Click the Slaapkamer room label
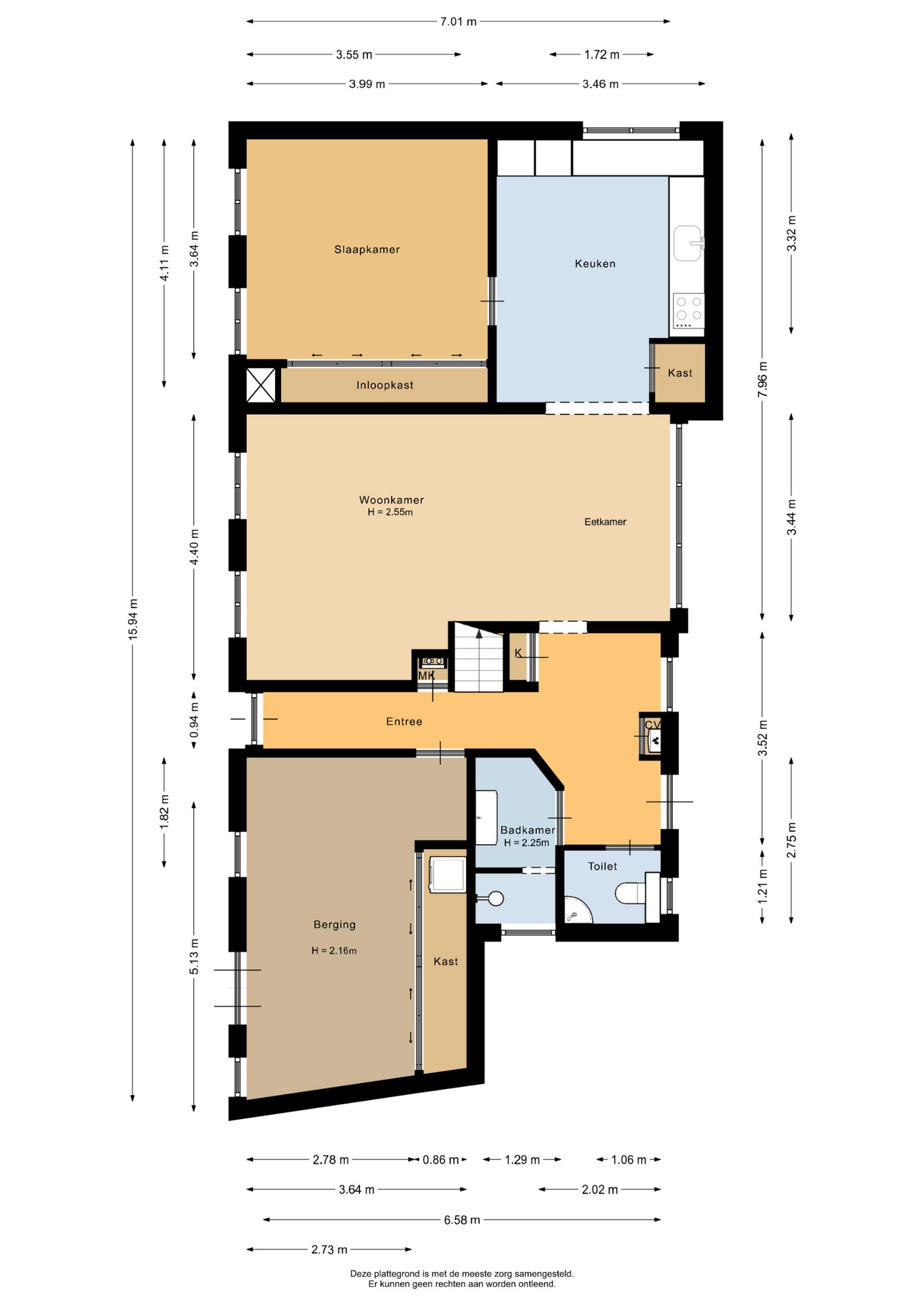367,250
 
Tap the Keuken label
595,264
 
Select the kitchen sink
688,244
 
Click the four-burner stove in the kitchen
689,311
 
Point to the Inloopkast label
385,385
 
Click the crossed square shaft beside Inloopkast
261,385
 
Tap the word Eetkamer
605,522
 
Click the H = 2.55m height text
391,512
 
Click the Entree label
404,722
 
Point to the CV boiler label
653,725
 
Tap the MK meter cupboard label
427,676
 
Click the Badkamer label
527,830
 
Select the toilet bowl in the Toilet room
630,893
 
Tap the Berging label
334,925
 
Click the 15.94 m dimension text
133,618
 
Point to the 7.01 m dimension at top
458,22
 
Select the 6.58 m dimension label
462,1220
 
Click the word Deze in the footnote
361,1273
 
